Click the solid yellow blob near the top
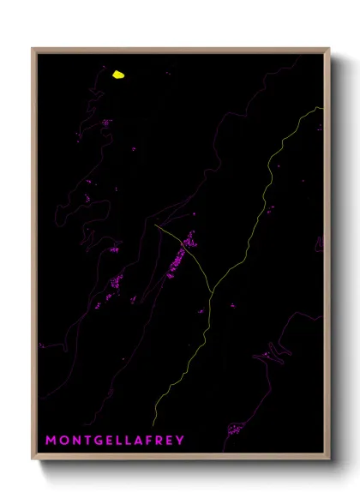tap(118, 75)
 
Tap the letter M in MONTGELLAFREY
tap(50, 441)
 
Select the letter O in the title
tap(62, 441)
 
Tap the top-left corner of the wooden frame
tap(33, 49)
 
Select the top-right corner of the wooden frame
tap(329, 49)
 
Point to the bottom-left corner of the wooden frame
tap(33, 460)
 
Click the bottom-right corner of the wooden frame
tap(329, 460)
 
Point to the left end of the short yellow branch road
tap(156, 225)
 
